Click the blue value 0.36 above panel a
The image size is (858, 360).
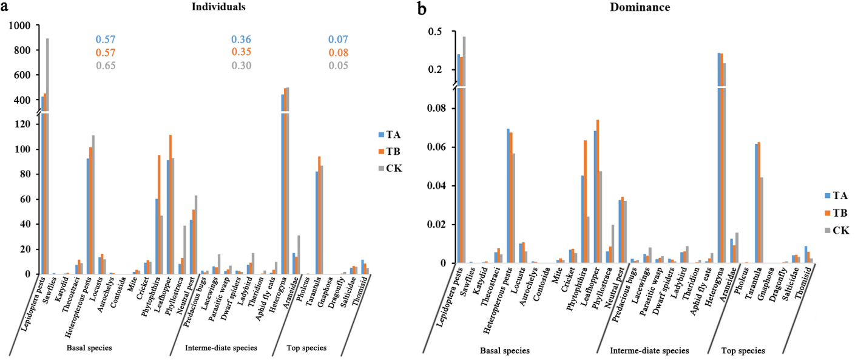[x=241, y=40]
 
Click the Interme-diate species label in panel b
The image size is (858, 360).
[x=649, y=351]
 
